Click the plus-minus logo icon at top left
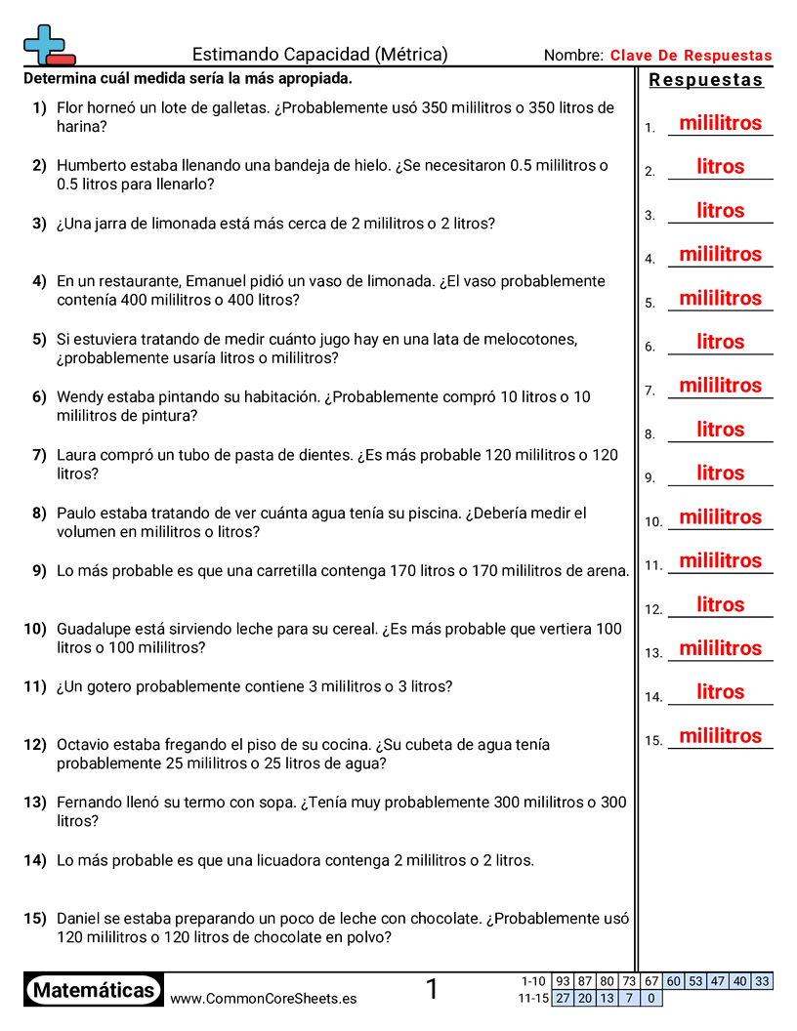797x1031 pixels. click(x=48, y=44)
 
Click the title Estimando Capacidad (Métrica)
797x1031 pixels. click(x=319, y=55)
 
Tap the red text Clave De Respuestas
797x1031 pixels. click(x=691, y=56)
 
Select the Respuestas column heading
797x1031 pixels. click(x=705, y=80)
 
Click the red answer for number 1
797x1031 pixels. click(x=720, y=123)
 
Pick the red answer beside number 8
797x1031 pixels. click(x=720, y=430)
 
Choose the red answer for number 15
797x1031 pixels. click(x=720, y=736)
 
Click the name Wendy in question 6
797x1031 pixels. click(x=79, y=397)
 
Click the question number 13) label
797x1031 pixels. click(x=35, y=803)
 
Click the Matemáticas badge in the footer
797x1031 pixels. click(x=94, y=990)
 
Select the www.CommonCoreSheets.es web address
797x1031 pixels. click(x=263, y=999)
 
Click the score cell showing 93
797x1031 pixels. click(x=563, y=981)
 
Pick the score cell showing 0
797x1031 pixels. click(x=650, y=998)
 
